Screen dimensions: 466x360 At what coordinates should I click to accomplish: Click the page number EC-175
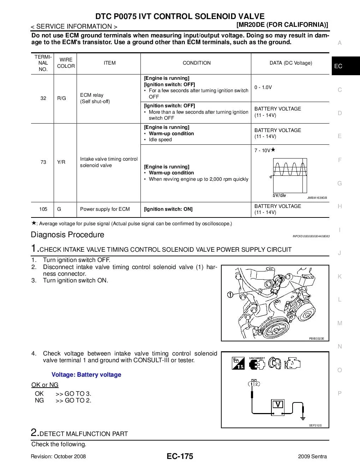(180, 456)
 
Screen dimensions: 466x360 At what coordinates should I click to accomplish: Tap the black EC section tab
(345, 66)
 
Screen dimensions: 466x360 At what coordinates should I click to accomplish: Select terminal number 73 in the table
(43, 162)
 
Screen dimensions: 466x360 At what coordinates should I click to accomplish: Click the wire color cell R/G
(61, 98)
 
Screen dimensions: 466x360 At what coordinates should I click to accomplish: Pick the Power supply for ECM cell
(105, 209)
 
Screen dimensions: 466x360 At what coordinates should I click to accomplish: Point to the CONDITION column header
(197, 63)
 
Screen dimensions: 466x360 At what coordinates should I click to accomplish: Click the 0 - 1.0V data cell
(263, 87)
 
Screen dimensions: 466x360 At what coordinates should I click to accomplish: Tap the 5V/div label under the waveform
(279, 195)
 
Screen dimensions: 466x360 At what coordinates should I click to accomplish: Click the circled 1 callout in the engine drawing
(230, 294)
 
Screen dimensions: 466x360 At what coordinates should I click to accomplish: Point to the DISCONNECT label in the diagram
(257, 358)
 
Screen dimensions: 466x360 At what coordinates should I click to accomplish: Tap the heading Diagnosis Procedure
(67, 235)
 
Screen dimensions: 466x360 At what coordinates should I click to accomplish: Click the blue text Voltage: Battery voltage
(86, 375)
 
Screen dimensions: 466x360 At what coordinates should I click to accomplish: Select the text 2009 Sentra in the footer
(312, 456)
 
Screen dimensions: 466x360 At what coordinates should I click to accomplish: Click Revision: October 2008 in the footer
(58, 456)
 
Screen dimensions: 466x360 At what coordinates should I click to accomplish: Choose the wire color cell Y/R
(61, 162)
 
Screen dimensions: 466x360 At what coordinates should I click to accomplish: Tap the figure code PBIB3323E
(316, 339)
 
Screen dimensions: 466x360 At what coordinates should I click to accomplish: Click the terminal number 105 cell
(43, 209)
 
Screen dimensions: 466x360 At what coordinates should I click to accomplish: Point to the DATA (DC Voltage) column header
(291, 63)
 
